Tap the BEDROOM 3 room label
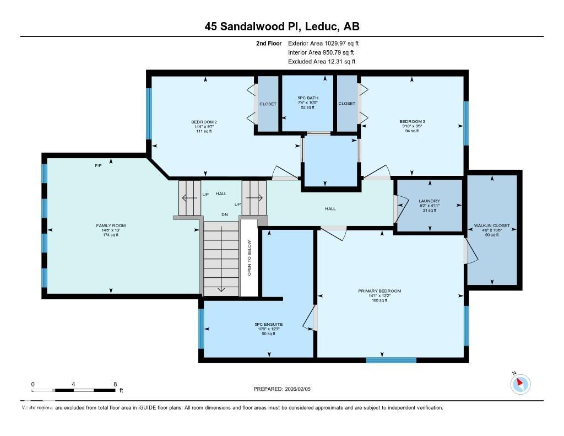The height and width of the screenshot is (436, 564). [x=412, y=121]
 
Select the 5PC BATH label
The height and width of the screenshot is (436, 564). [x=307, y=98]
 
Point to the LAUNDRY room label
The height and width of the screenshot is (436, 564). [x=429, y=201]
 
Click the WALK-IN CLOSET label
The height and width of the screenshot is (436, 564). [x=492, y=225]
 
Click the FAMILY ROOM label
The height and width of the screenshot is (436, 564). [x=111, y=225]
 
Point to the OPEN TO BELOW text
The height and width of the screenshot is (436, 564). [x=249, y=258]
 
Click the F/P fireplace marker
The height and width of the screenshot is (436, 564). [x=98, y=165]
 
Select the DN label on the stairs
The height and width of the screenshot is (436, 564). [x=224, y=214]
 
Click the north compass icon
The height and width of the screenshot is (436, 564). [x=520, y=384]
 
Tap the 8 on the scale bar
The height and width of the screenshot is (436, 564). [x=115, y=384]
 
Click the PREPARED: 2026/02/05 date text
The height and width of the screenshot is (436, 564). [x=285, y=389]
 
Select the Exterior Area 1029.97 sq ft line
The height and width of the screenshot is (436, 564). [x=323, y=43]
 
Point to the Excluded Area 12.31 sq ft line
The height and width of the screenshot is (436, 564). [x=322, y=62]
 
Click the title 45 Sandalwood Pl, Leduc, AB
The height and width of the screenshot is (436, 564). [x=282, y=26]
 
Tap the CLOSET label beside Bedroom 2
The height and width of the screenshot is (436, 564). [x=268, y=104]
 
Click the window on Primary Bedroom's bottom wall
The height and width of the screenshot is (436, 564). [x=383, y=360]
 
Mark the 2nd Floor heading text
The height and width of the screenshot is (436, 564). [x=269, y=43]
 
